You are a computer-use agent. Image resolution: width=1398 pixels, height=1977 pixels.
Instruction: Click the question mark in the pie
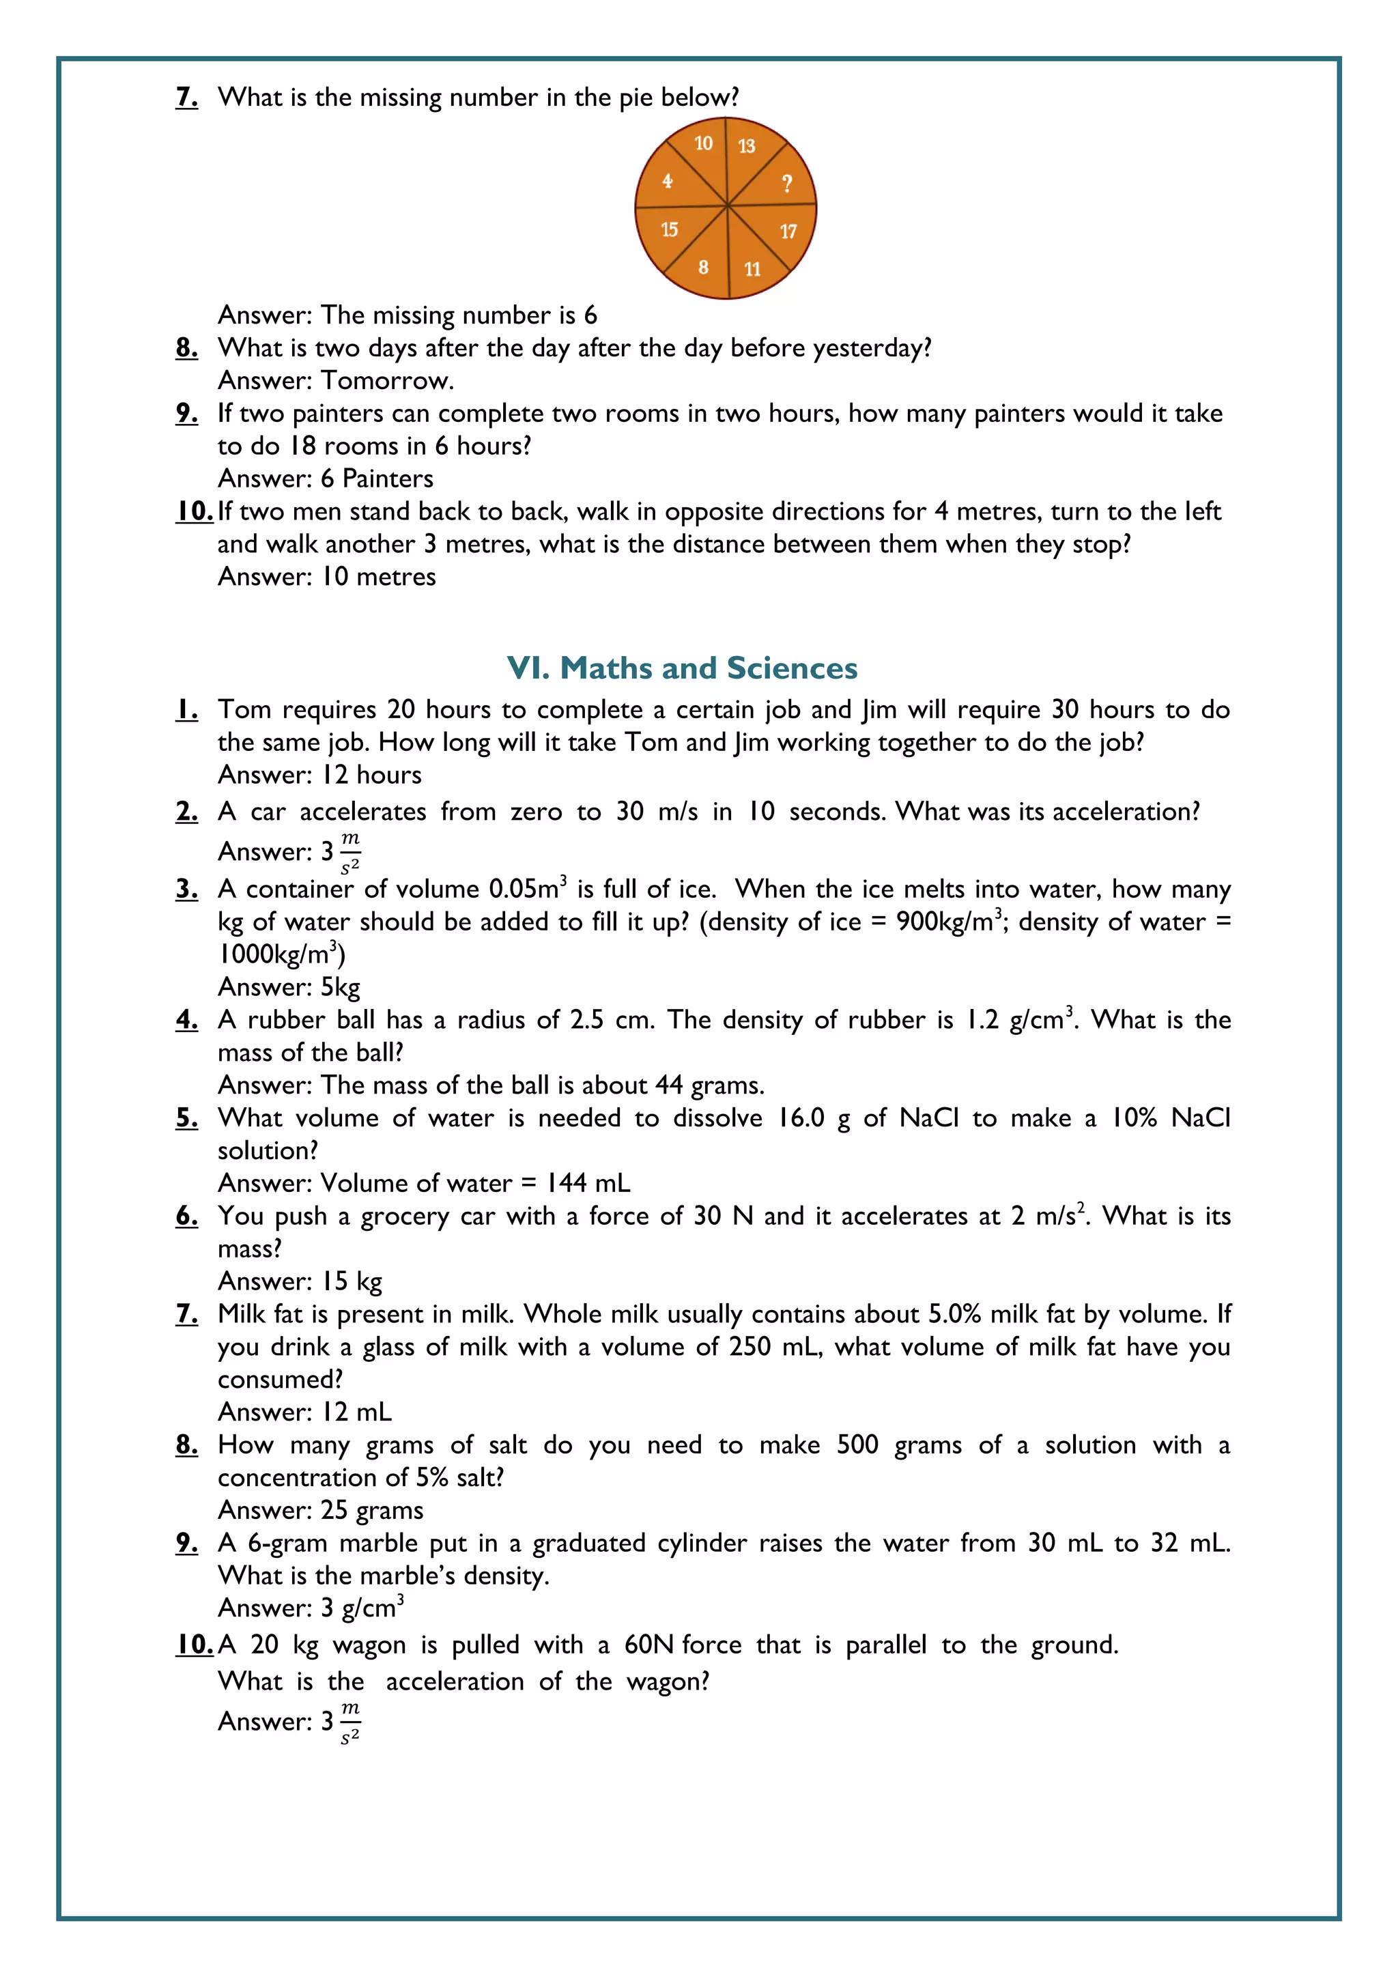coord(786,184)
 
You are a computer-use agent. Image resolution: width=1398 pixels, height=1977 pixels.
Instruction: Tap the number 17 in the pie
coord(788,231)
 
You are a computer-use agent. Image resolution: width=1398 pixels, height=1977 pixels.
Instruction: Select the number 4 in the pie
coord(667,181)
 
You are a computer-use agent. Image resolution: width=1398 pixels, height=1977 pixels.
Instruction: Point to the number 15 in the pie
coord(669,229)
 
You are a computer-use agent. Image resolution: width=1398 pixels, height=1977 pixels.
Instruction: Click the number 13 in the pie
coord(746,146)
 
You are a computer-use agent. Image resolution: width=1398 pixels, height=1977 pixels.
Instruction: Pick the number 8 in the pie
coord(703,267)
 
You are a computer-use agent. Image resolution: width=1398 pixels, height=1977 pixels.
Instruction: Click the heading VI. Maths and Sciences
coord(682,668)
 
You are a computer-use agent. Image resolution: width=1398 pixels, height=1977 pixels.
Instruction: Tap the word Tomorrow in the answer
coord(386,381)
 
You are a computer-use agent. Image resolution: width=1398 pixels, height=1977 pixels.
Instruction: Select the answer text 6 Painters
coord(377,479)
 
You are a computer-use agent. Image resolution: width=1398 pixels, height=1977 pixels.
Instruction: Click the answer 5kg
coord(340,986)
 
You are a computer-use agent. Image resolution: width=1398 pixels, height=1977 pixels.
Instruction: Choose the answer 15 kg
coord(352,1281)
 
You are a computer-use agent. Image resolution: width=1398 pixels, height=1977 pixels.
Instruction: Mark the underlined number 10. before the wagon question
coord(194,1645)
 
